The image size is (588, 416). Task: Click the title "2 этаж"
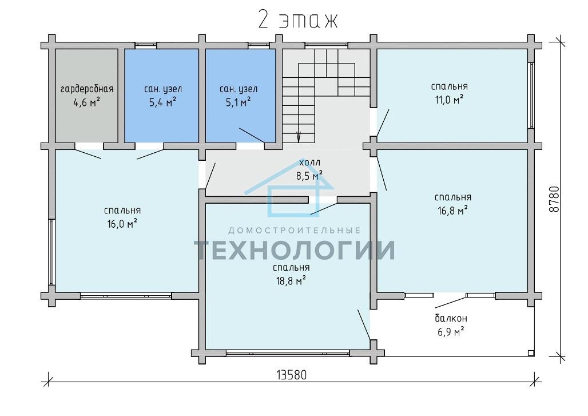coord(298,20)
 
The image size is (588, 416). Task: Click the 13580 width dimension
coord(291,375)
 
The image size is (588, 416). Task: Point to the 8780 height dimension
coord(554,199)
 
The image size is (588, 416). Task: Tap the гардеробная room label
coord(86,89)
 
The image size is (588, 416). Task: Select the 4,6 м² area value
coord(86,102)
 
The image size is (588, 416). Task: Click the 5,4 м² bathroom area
coord(163,102)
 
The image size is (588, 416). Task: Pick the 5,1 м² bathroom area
coord(238,102)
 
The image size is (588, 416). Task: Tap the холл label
coord(310,163)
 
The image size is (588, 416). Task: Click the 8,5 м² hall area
coord(310,176)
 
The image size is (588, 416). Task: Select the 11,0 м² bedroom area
coord(449,100)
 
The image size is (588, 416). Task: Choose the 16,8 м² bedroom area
coord(452,211)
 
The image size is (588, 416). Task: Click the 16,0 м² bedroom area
coord(122,224)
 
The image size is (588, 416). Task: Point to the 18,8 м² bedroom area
coord(291,281)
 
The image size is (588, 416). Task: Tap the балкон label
coord(451,319)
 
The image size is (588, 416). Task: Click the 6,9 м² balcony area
coord(451,332)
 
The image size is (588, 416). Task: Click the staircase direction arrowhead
coord(299,137)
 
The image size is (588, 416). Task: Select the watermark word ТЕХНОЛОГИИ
coord(295,250)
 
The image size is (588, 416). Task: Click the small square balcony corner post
coord(530,353)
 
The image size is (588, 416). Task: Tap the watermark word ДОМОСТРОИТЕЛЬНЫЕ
coord(295,230)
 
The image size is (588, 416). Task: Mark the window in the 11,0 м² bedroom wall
coord(531,96)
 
